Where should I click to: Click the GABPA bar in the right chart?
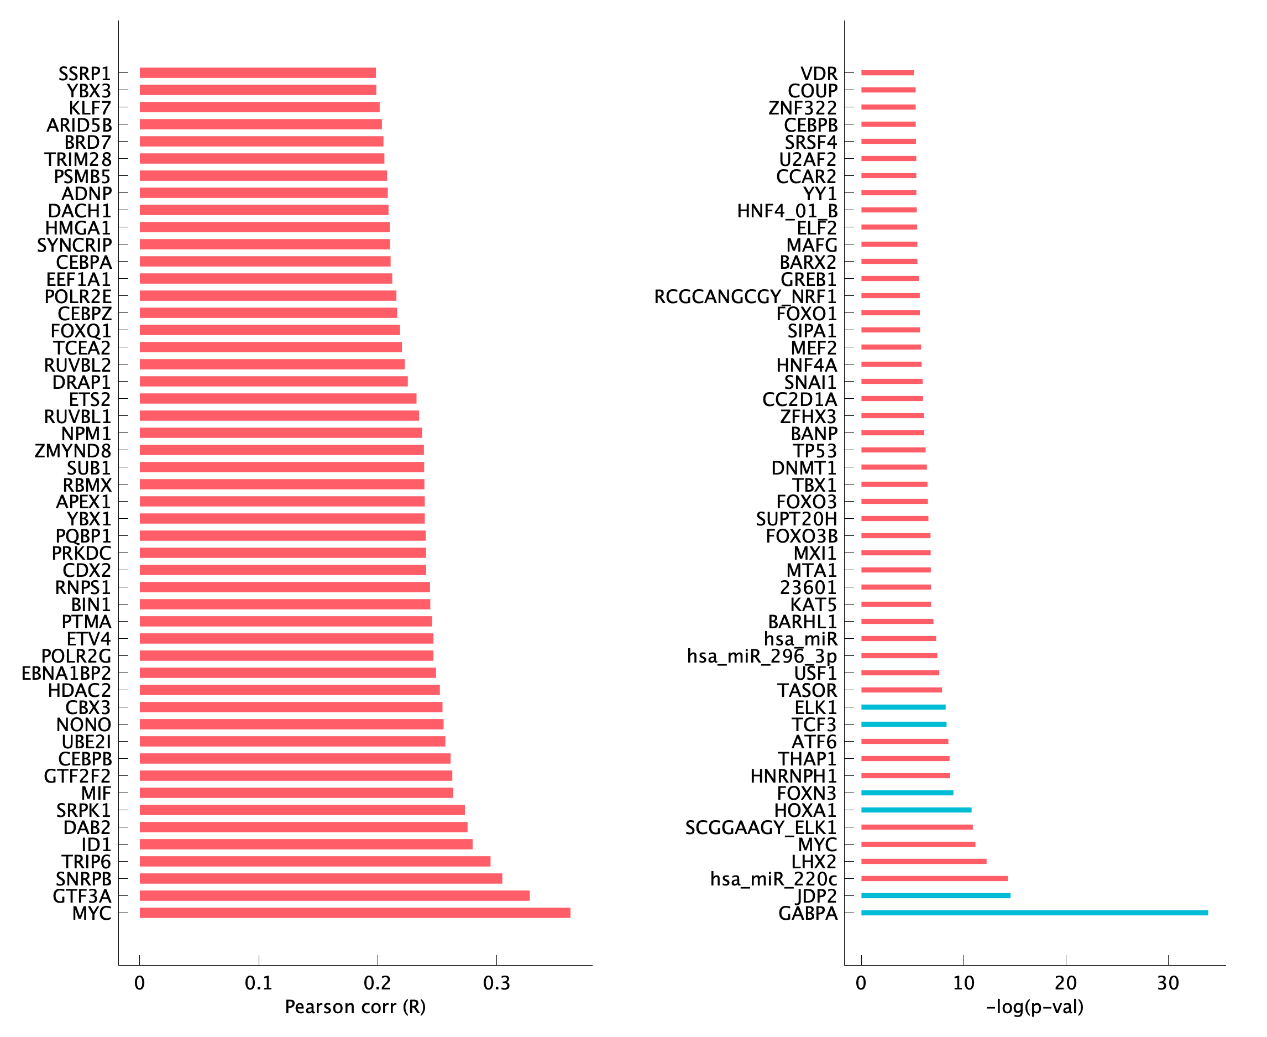click(x=1034, y=913)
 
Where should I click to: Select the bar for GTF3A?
click(x=334, y=895)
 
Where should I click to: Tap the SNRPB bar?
click(x=321, y=878)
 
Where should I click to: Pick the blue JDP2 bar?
click(x=936, y=895)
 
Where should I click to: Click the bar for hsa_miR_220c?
click(x=934, y=878)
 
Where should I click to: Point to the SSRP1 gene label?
click(x=84, y=74)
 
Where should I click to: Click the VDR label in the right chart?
click(x=819, y=74)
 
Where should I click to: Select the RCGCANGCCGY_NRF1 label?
click(x=745, y=296)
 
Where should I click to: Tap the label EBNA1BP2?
click(x=66, y=673)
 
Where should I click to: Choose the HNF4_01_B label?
click(x=787, y=211)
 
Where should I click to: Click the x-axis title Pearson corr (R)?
click(x=355, y=1007)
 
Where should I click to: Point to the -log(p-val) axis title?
click(x=1035, y=1007)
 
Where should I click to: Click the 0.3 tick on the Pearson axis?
click(x=497, y=983)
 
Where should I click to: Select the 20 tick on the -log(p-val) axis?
click(x=1066, y=983)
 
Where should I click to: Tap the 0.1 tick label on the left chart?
click(x=259, y=983)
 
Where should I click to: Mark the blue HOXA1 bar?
click(x=916, y=810)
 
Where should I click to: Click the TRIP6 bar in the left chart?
click(x=315, y=861)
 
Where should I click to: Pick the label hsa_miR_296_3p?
click(x=762, y=656)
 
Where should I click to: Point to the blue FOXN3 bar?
click(x=907, y=793)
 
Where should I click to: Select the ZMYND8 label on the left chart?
click(x=73, y=450)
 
